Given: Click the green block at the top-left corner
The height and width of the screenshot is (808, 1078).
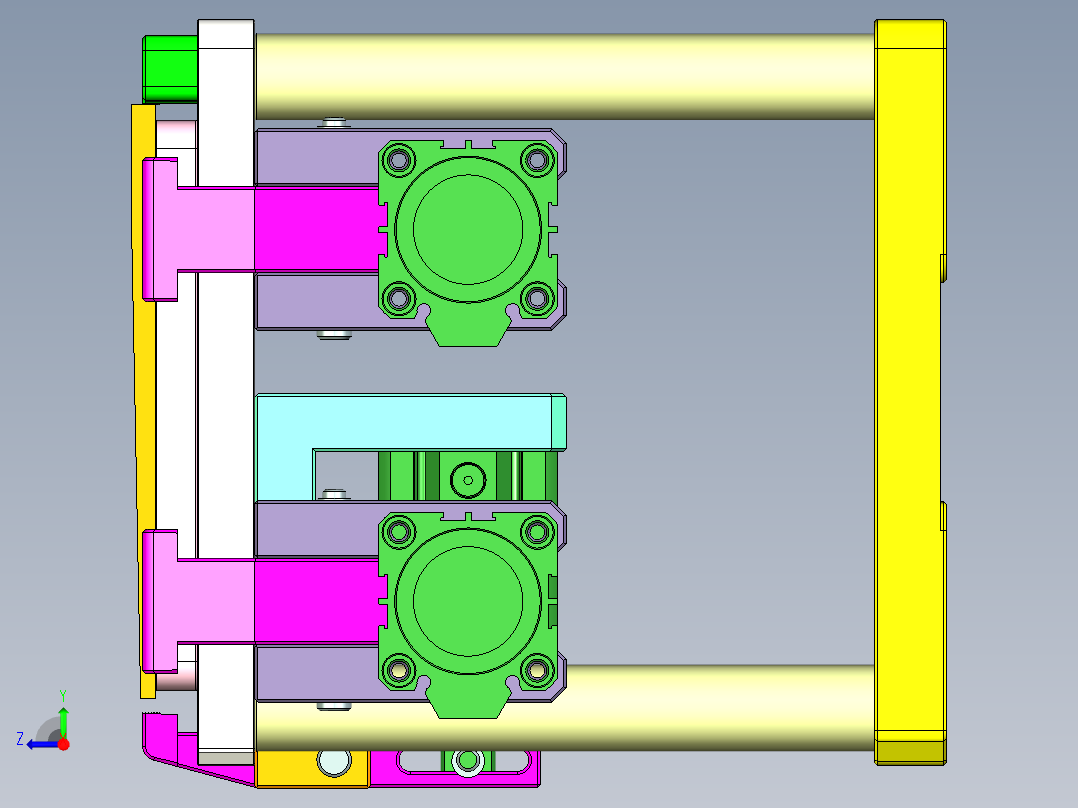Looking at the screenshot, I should tap(170, 68).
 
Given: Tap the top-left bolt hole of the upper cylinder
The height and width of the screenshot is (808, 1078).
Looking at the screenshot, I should tap(399, 159).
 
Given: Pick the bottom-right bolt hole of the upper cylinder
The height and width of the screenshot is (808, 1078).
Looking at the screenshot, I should tap(538, 298).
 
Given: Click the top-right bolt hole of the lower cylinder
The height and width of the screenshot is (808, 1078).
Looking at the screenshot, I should tap(538, 531).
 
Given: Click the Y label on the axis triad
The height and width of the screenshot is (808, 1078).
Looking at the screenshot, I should tap(63, 694).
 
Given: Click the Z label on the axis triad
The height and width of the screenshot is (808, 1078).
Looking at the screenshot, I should tap(20, 739).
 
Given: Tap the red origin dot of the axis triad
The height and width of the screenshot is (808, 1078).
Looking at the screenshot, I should tap(63, 744).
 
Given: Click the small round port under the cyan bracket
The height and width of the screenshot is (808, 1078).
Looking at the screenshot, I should tap(466, 480).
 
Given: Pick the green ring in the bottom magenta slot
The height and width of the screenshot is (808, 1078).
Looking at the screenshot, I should tap(465, 762).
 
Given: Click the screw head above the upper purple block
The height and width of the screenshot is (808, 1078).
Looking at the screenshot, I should tap(334, 124).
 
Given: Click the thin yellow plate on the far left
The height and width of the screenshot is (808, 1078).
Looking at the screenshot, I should tap(144, 400).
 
